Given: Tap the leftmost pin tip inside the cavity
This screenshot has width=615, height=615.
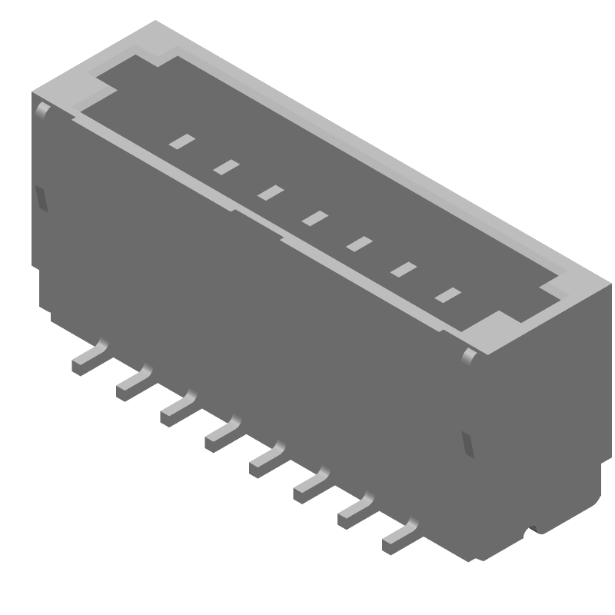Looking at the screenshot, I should click(182, 141).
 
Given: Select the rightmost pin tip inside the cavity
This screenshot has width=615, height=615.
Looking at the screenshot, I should click(447, 295).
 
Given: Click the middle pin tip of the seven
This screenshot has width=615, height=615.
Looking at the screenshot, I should click(314, 218).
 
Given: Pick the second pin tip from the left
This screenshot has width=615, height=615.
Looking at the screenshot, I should click(226, 166).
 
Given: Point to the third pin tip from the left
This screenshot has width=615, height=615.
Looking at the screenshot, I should click(271, 192).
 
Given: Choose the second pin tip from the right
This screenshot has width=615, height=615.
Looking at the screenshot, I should click(404, 270).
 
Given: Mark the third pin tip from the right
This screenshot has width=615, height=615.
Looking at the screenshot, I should click(359, 244).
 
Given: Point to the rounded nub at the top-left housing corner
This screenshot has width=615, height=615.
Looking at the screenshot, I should click(43, 111).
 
